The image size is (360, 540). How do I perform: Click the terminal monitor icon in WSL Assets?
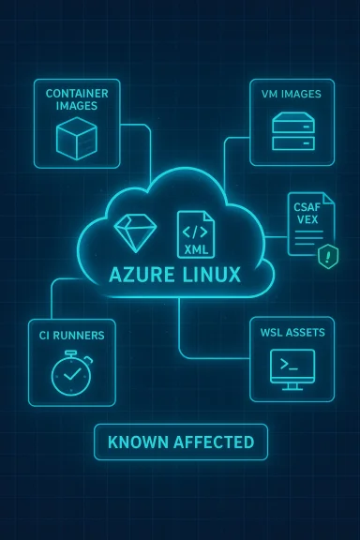pos(292,367)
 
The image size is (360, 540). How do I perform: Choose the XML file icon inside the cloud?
pos(196,234)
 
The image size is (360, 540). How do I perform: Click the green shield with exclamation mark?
pos(327,256)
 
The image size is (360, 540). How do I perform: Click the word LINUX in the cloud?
pos(208,276)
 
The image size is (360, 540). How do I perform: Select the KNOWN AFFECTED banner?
pos(180,442)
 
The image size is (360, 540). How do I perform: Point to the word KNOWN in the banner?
pos(137,442)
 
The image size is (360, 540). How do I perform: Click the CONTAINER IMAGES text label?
pos(76,99)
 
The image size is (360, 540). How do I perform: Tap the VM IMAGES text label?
pos(292,95)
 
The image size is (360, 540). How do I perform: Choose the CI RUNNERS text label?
pos(72,335)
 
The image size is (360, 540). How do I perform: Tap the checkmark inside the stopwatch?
pos(71,377)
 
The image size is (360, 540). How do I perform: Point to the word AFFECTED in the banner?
pos(210,442)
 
